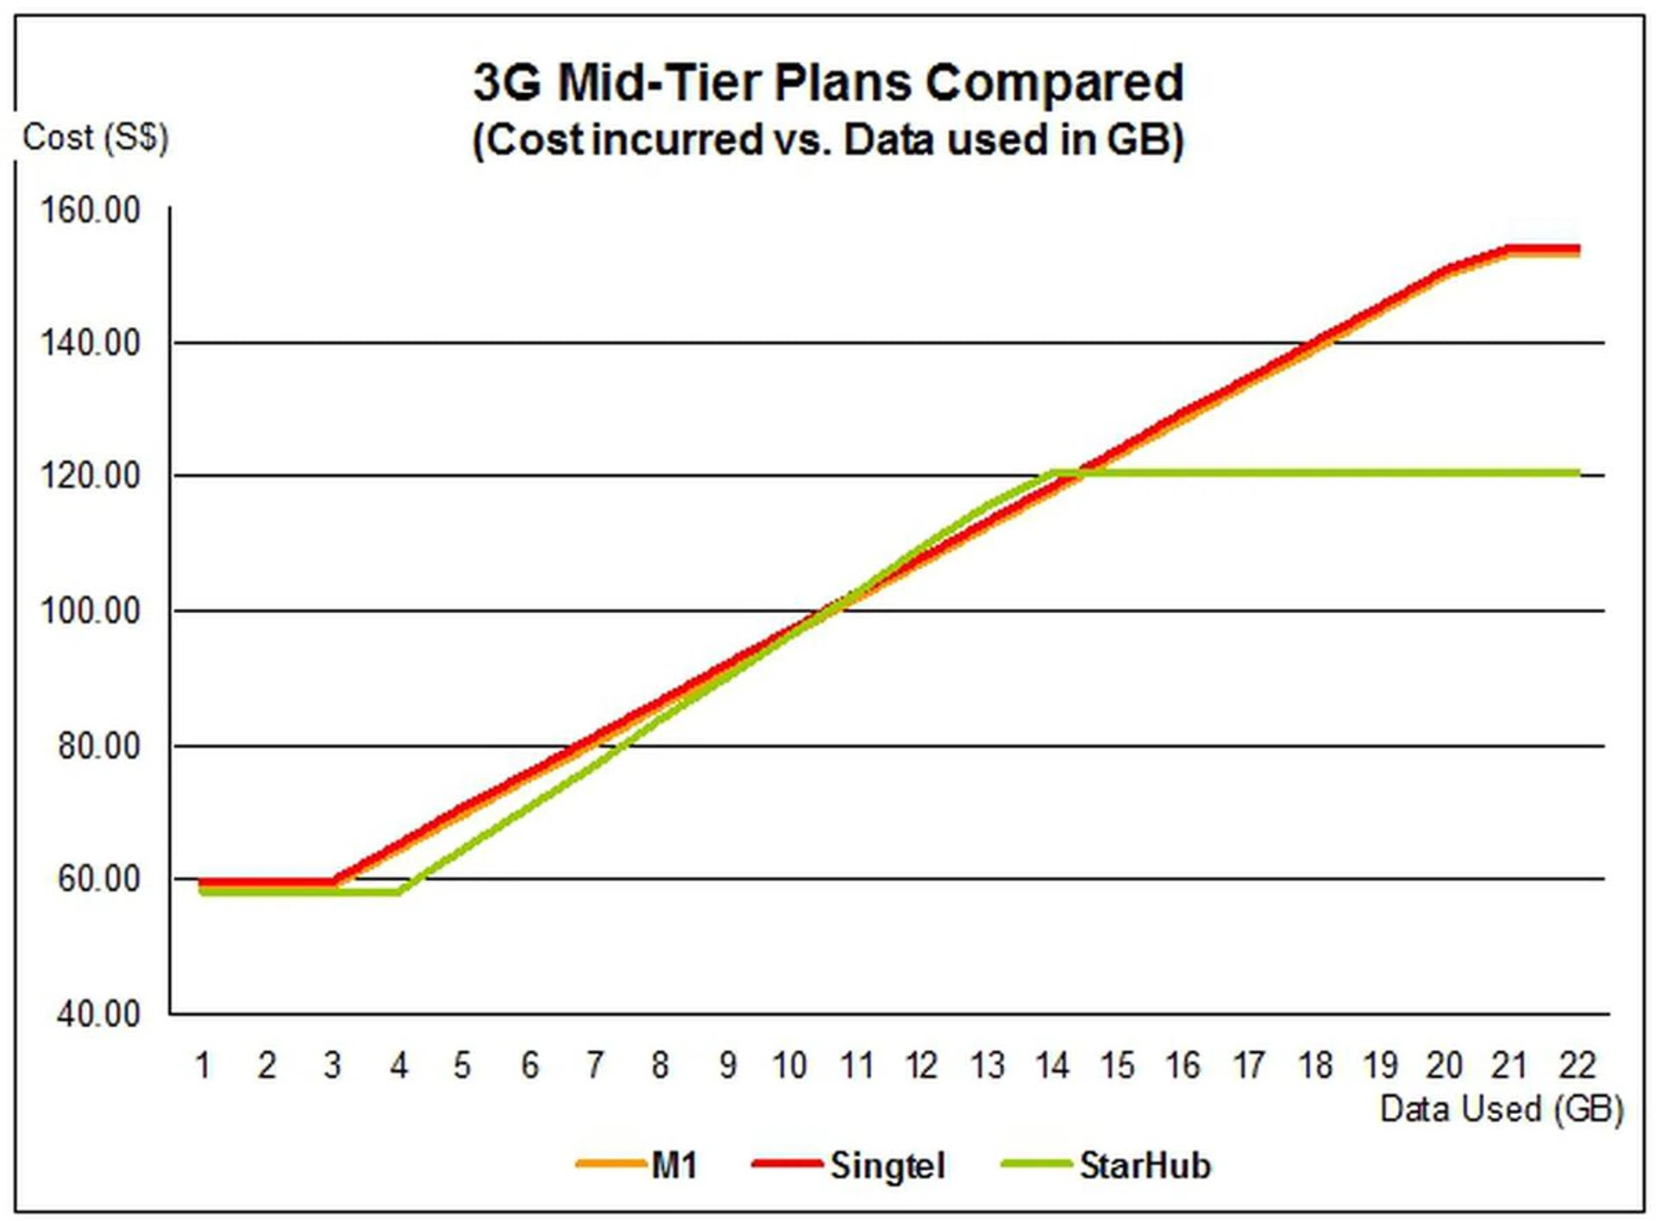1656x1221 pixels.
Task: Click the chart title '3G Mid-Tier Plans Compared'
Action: (828, 83)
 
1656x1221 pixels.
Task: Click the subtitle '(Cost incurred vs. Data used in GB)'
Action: (828, 140)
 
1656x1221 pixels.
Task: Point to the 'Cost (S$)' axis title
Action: (95, 136)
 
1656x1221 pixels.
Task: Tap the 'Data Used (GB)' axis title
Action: (1501, 1109)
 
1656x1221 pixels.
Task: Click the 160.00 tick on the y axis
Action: (90, 210)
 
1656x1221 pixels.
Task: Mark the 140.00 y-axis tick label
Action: (90, 343)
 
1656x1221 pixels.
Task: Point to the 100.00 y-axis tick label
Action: (90, 610)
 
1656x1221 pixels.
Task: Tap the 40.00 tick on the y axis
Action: (97, 1013)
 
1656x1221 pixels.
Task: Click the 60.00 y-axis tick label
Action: (97, 880)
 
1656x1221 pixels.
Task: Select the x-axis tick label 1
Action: (203, 1066)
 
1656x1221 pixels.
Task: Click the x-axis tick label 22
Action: (1577, 1066)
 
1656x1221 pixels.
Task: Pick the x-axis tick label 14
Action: (1052, 1066)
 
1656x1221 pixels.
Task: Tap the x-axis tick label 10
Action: (789, 1066)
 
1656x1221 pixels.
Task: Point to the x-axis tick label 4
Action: (398, 1066)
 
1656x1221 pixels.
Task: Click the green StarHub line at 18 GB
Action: (1315, 473)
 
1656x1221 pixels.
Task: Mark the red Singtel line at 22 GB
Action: (1577, 249)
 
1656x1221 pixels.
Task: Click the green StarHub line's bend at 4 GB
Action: (398, 892)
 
